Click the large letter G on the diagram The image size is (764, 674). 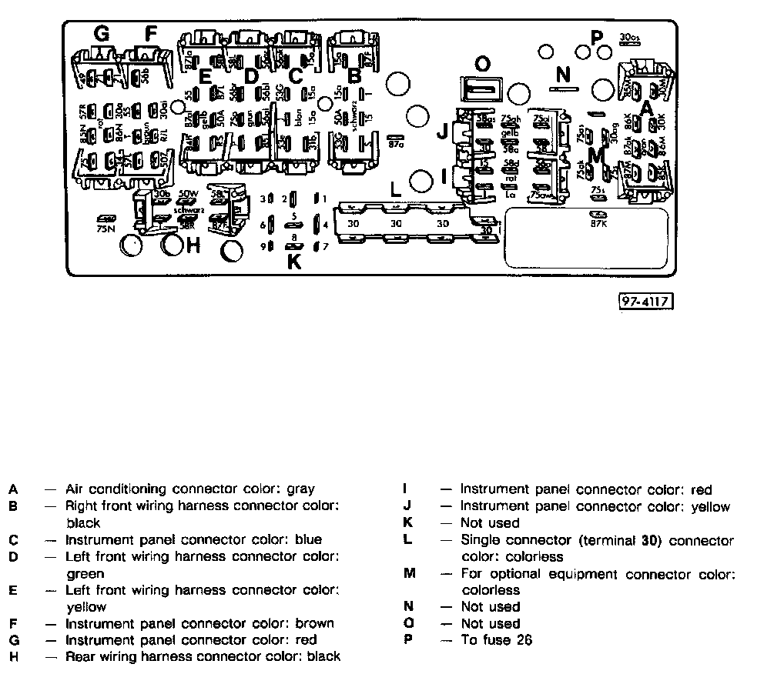click(x=101, y=34)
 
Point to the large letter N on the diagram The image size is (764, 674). click(x=564, y=75)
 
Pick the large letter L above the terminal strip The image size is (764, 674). click(x=396, y=187)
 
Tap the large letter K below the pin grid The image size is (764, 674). click(x=293, y=261)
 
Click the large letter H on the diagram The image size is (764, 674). click(x=193, y=245)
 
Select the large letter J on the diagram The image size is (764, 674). click(x=442, y=132)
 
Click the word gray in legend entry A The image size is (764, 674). click(x=300, y=489)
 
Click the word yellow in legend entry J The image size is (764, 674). click(x=709, y=506)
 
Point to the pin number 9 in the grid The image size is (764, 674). click(x=263, y=247)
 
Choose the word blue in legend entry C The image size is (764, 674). click(x=307, y=539)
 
